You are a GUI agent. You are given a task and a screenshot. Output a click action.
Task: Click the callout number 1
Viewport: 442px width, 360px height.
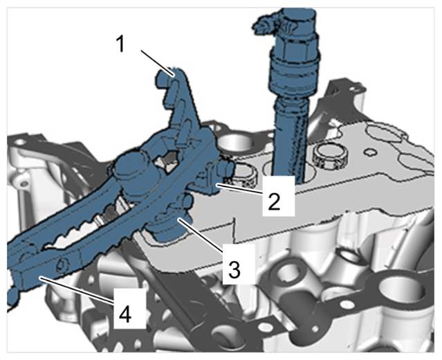pyautogui.click(x=120, y=44)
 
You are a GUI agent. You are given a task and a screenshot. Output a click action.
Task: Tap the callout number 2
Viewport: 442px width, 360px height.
pyautogui.click(x=274, y=201)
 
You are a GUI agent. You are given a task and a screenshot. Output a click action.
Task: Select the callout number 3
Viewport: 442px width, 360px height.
pyautogui.click(x=234, y=269)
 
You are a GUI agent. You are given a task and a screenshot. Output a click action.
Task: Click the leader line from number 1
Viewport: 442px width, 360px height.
pyautogui.click(x=157, y=63)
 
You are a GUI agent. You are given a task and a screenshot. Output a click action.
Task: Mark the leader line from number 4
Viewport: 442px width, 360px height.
pyautogui.click(x=77, y=291)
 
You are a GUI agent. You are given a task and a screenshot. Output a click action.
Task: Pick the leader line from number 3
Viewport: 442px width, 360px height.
pyautogui.click(x=201, y=233)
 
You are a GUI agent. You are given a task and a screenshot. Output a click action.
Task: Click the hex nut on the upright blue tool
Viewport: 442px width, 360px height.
pyautogui.click(x=293, y=47)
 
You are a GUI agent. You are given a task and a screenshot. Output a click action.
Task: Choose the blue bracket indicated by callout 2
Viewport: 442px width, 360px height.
pyautogui.click(x=211, y=180)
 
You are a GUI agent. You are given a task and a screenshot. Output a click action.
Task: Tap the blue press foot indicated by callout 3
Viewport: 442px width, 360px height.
pyautogui.click(x=169, y=226)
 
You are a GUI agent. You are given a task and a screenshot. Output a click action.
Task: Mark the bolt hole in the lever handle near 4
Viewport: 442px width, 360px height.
pyautogui.click(x=62, y=264)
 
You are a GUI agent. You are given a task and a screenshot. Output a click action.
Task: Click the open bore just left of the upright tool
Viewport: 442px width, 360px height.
pyautogui.click(x=234, y=143)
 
